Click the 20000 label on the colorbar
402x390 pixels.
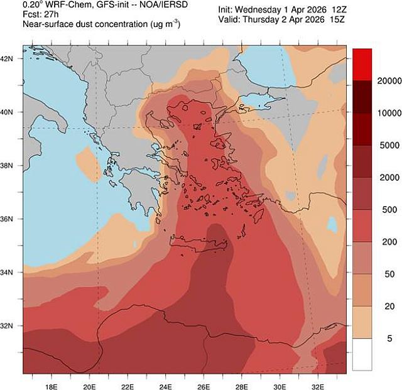(376, 82)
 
